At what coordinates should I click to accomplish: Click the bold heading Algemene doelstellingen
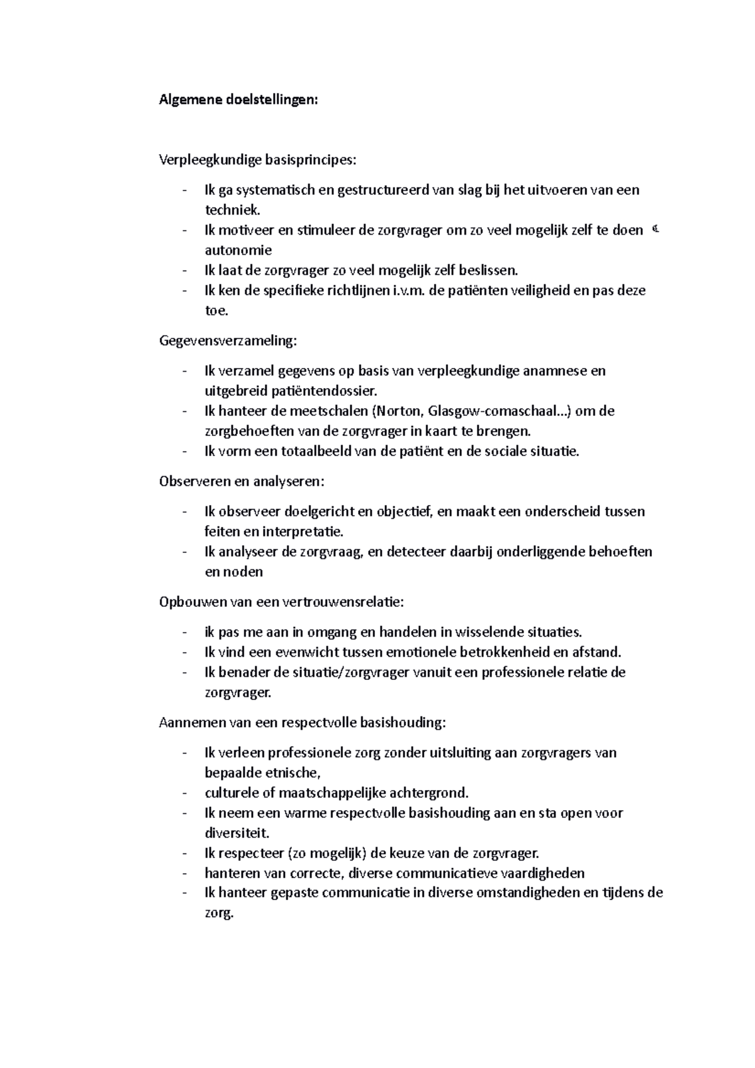(238, 100)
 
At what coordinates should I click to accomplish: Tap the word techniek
(232, 210)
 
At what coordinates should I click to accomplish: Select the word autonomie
(238, 250)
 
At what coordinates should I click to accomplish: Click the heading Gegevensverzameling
(227, 341)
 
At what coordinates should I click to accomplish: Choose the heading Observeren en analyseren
(242, 482)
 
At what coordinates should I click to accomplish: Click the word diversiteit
(237, 833)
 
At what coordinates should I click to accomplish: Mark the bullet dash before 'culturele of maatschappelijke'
(184, 793)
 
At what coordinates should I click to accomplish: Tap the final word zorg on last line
(219, 913)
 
